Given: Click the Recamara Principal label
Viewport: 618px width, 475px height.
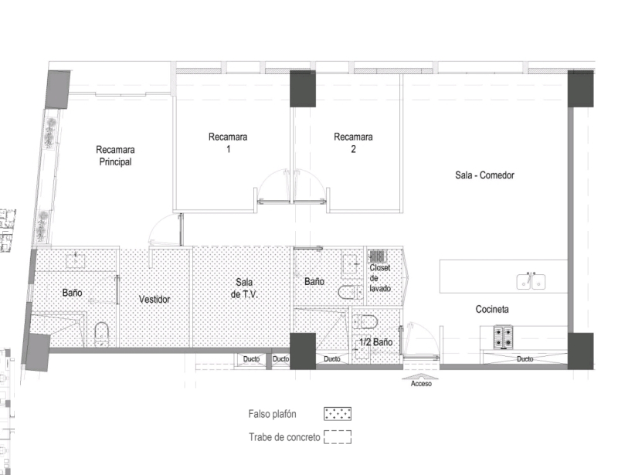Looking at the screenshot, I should [x=115, y=156].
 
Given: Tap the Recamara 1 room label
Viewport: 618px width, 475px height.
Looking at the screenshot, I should [x=228, y=144].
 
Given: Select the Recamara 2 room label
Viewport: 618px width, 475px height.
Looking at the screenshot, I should [x=353, y=144].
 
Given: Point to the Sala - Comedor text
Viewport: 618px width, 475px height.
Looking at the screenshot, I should [x=484, y=175].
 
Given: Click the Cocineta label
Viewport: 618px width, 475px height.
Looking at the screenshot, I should [x=492, y=310].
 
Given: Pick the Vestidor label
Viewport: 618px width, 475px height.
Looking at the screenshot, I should [x=154, y=300].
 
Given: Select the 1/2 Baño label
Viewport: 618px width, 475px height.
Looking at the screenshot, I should [x=375, y=341].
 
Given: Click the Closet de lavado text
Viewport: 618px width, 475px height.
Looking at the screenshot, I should [x=380, y=278].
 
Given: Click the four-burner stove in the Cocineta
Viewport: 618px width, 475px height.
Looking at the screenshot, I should [x=504, y=338].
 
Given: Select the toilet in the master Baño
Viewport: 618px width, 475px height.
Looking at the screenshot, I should [x=101, y=334].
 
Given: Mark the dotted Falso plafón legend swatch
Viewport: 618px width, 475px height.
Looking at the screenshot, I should [x=338, y=414].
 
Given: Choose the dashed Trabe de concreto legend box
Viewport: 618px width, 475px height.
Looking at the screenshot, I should [x=338, y=437].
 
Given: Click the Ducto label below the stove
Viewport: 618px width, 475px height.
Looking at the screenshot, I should [x=525, y=359].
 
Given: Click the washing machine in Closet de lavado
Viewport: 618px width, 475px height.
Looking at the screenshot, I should [x=377, y=256].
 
